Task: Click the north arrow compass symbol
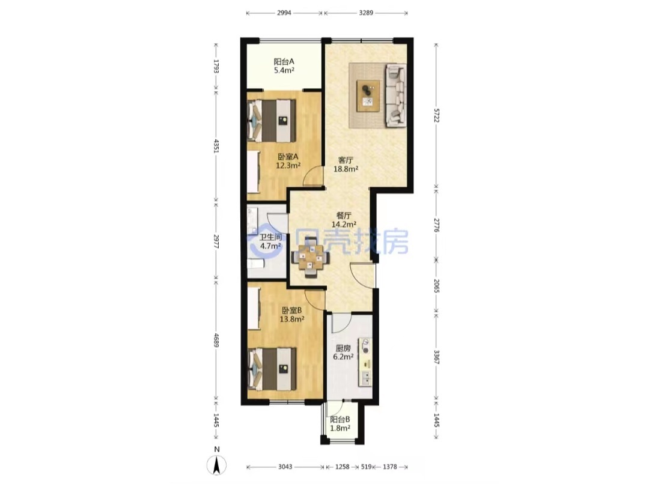coord(216,465)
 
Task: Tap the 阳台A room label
coord(284,61)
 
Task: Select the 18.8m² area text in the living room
coord(346,169)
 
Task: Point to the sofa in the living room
coord(395,95)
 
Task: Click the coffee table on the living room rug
coord(368,96)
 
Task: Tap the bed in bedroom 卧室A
coord(271,121)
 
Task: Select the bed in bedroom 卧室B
coord(272,369)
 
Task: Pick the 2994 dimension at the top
coord(284,13)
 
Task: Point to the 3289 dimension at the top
coord(366,13)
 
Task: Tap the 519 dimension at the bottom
coord(366,467)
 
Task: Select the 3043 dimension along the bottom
coord(285,467)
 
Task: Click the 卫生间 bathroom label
coord(270,238)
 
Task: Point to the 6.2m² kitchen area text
coord(344,357)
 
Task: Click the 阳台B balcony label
coord(340,420)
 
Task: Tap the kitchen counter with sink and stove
coord(365,363)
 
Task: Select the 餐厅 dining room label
coord(344,216)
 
